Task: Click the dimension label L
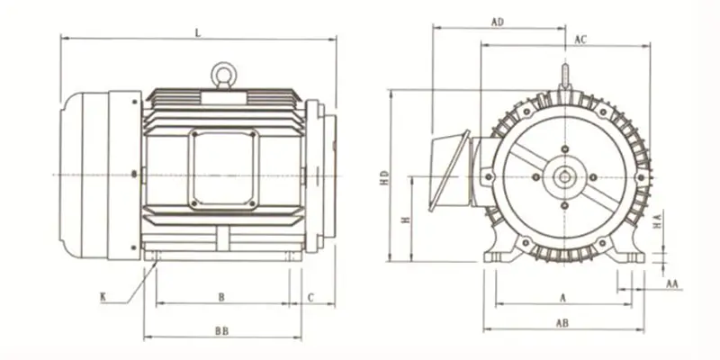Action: point(198,32)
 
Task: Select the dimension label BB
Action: point(221,331)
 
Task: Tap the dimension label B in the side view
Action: point(221,298)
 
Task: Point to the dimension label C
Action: point(310,298)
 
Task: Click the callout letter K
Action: point(103,297)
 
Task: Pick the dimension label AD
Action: point(498,22)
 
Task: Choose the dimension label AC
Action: point(580,40)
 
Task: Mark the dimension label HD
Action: point(385,177)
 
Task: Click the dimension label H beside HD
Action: point(406,220)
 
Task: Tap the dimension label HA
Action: point(658,220)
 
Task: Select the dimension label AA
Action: point(672,283)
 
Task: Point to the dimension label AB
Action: point(562,323)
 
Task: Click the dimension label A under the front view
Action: point(563,298)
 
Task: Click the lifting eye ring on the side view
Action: point(223,75)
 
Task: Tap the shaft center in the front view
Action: point(564,177)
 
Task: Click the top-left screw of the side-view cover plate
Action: point(194,134)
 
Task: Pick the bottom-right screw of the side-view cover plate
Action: point(252,202)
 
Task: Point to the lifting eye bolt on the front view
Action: point(565,77)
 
